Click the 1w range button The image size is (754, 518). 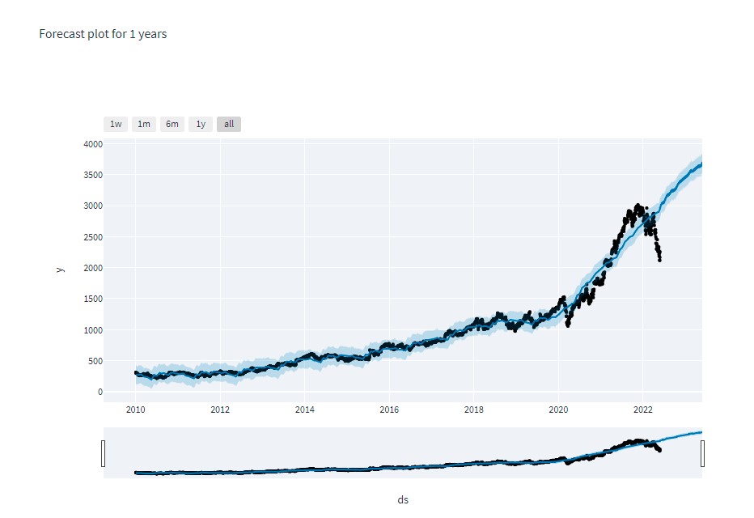pos(116,124)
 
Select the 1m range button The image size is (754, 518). pos(143,124)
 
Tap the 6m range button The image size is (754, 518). pos(172,124)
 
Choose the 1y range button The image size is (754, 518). pos(201,124)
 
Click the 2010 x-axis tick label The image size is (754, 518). pos(135,410)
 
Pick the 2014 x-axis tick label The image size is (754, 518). pos(304,410)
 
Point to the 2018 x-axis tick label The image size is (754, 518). pos(474,410)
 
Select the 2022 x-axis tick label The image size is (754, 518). pos(643,410)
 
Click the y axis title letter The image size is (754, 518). pos(61,269)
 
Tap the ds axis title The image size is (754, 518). pos(403,500)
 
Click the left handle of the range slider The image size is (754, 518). pos(104,453)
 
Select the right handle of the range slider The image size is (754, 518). pos(702,453)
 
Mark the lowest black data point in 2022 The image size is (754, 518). pos(660,260)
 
